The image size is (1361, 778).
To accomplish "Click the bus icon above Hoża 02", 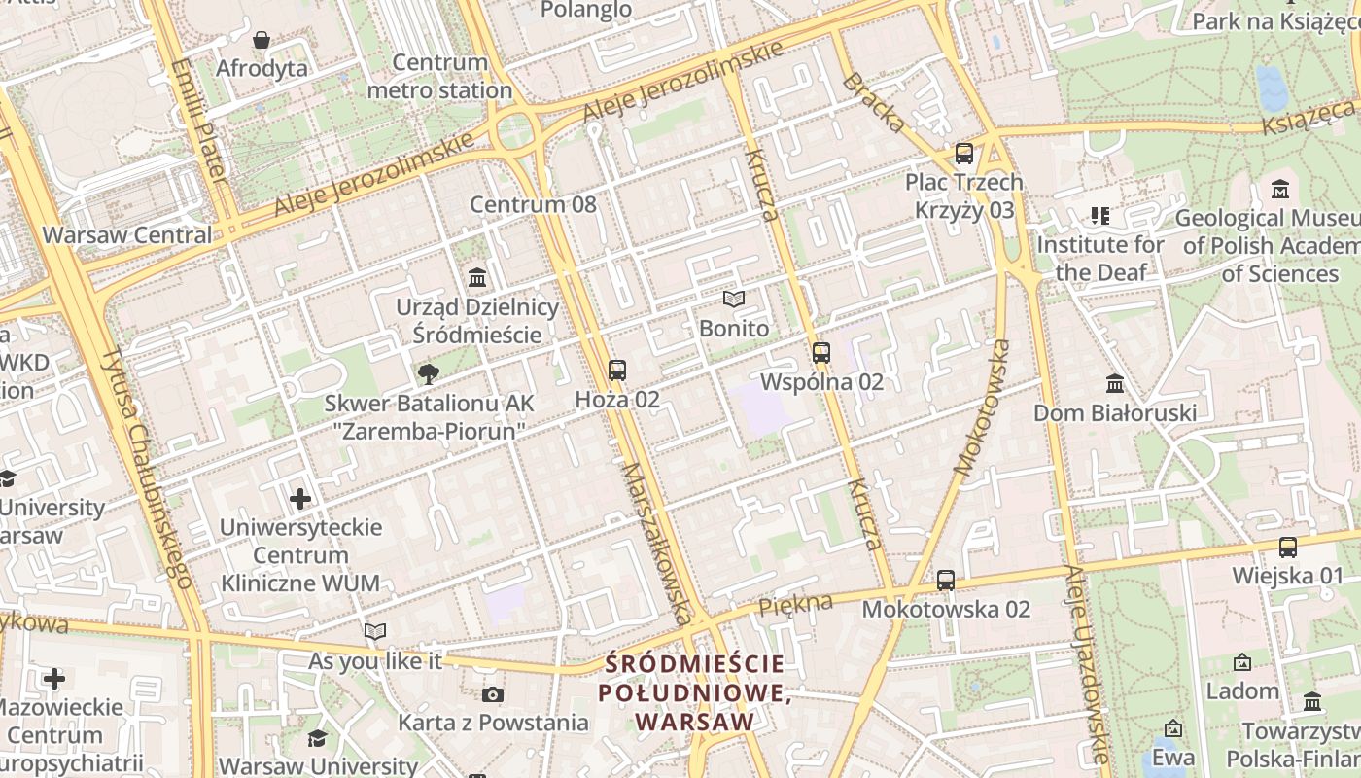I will click(x=617, y=371).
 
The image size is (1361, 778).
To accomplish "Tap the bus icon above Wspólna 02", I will click(x=821, y=353).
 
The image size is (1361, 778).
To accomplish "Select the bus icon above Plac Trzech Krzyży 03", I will click(x=963, y=154).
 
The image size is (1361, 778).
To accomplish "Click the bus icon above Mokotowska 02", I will click(x=945, y=581).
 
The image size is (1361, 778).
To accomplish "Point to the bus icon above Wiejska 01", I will click(x=1288, y=548).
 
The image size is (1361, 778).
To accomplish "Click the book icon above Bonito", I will click(x=733, y=300).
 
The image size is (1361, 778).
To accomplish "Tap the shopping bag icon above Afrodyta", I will click(x=261, y=40).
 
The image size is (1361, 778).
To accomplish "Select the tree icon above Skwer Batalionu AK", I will click(x=427, y=374).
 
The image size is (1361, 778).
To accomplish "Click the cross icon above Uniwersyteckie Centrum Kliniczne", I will click(x=300, y=499).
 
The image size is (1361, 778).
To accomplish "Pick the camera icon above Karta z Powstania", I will click(x=493, y=694).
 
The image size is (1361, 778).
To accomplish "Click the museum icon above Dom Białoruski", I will click(x=1115, y=384).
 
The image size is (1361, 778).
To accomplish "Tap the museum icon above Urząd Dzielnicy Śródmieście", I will click(x=477, y=278).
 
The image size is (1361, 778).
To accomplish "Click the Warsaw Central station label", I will click(x=126, y=234).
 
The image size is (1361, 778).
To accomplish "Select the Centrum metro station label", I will click(x=439, y=77).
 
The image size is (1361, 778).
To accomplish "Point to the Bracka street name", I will click(x=873, y=102).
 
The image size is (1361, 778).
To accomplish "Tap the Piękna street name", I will click(x=795, y=604).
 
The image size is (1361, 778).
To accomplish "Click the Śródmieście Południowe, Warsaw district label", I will click(x=694, y=693).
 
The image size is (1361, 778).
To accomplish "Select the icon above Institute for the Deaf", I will click(x=1099, y=215).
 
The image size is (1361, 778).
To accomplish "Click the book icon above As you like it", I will click(x=375, y=632).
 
